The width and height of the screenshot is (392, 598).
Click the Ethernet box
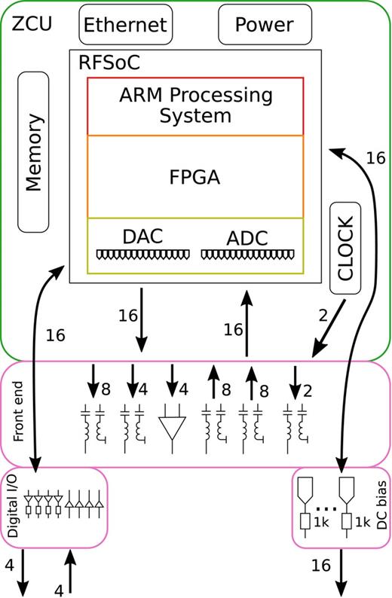coord(125,24)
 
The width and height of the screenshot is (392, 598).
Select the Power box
coord(264,24)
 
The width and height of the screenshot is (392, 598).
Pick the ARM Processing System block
coord(196,106)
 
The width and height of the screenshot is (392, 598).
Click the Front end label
coord(20,413)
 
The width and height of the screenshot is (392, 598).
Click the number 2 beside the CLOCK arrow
coord(323,316)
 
